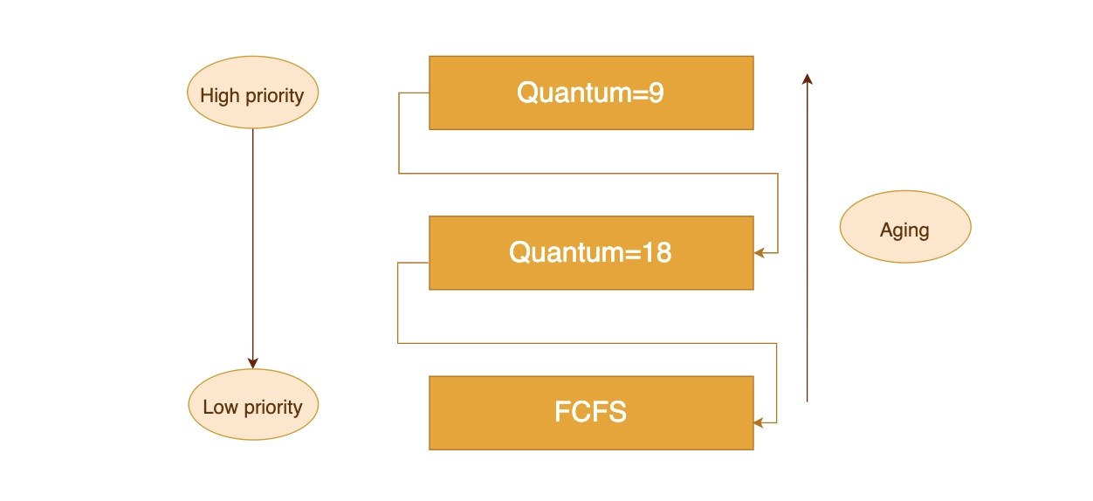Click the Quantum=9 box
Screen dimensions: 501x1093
590,93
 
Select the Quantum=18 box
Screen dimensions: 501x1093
590,253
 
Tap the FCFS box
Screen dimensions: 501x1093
590,413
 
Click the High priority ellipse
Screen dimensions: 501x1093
252,93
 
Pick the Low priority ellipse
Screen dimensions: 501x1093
253,405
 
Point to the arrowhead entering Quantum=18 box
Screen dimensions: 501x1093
759,253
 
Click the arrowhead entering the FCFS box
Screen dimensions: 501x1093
759,422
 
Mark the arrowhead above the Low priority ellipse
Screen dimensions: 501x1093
253,363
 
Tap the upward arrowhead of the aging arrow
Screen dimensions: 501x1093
808,79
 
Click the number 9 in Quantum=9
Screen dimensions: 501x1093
656,93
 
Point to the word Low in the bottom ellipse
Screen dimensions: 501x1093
220,407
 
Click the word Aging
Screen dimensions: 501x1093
904,230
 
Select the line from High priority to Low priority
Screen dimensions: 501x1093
252,244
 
